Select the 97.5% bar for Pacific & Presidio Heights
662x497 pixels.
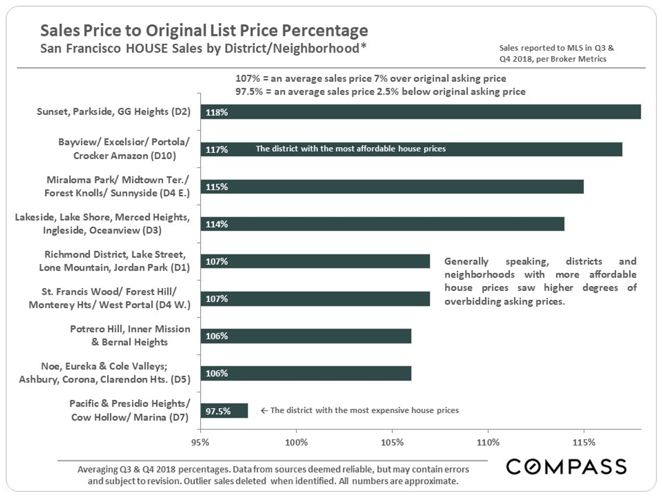tap(224, 411)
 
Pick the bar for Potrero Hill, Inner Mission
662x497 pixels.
tap(306, 336)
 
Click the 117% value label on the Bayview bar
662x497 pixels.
tap(217, 149)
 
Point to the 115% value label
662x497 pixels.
tap(217, 187)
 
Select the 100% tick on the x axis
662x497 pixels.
tap(296, 442)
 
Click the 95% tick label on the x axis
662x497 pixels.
tap(200, 442)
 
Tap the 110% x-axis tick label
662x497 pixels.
tap(488, 442)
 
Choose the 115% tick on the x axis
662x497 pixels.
tap(584, 442)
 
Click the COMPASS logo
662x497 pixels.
tap(567, 467)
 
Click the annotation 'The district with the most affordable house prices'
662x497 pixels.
tap(350, 149)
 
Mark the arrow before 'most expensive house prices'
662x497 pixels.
tap(264, 411)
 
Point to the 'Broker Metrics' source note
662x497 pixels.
tap(579, 59)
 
